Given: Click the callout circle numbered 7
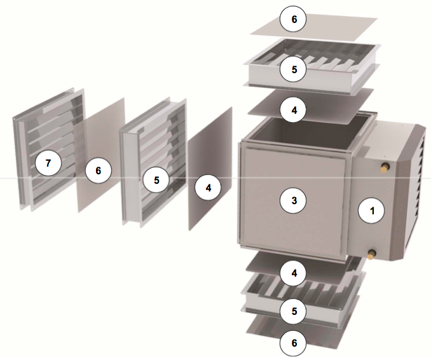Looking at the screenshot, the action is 48,163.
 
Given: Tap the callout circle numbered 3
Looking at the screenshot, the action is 294,200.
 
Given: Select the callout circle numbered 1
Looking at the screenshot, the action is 372,211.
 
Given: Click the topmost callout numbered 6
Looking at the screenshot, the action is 294,19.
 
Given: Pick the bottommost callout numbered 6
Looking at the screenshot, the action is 294,343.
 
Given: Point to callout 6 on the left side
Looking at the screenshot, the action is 99,171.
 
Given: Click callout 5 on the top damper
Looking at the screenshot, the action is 294,69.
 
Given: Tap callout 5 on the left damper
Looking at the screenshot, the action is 156,180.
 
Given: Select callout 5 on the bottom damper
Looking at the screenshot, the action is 294,311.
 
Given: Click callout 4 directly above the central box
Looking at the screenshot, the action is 294,110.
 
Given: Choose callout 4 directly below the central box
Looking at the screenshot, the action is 294,273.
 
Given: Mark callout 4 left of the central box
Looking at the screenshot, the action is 208,188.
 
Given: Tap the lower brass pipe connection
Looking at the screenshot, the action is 372,254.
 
